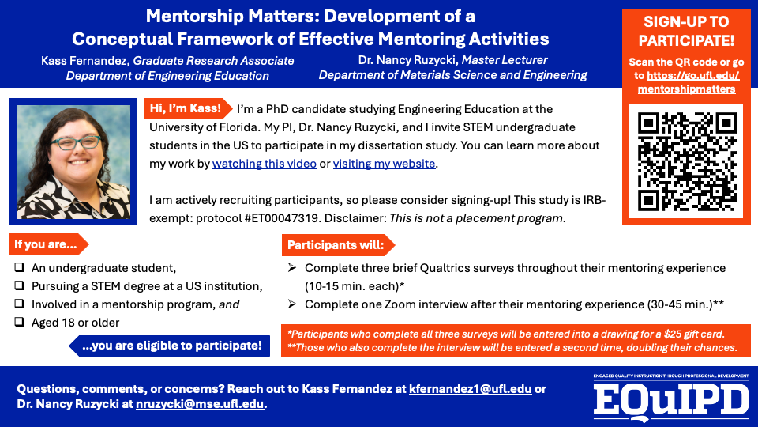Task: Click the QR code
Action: [x=686, y=161]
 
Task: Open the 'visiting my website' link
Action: [x=384, y=164]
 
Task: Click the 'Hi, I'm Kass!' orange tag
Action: [x=187, y=108]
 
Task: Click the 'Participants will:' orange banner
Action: [x=336, y=244]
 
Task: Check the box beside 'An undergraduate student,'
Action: [x=20, y=268]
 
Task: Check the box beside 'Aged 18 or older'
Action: [x=20, y=322]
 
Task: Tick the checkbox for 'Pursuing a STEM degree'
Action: [x=20, y=286]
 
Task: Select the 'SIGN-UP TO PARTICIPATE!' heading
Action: [x=686, y=31]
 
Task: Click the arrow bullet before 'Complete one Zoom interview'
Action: [x=292, y=304]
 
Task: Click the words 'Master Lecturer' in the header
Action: [x=505, y=60]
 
